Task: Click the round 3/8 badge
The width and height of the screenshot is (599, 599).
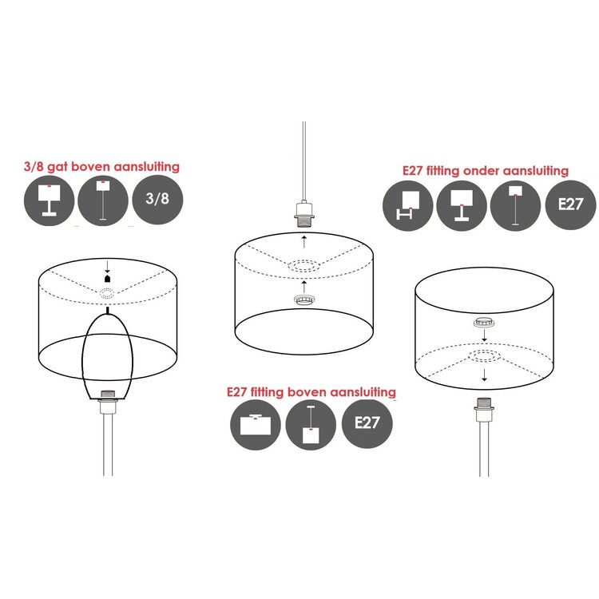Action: [157, 199]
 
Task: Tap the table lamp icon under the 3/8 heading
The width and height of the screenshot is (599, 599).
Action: [49, 200]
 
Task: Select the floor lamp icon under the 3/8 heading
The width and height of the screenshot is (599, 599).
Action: [103, 200]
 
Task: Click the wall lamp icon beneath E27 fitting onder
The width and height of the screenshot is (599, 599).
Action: [407, 205]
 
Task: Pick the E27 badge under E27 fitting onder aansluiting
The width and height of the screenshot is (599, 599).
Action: [570, 204]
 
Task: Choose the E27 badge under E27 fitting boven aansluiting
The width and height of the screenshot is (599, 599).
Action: [367, 423]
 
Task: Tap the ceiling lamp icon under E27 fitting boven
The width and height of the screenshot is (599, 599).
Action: [256, 425]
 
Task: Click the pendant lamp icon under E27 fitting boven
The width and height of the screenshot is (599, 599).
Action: [311, 425]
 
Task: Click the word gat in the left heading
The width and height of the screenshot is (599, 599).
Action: [58, 168]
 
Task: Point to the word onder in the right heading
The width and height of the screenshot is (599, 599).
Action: [481, 170]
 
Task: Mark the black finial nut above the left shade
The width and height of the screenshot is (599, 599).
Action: [107, 278]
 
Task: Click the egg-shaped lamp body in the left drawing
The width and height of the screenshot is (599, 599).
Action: [107, 355]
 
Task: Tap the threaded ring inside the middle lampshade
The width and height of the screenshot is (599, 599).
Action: [304, 299]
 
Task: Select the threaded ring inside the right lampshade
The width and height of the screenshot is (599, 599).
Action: [485, 322]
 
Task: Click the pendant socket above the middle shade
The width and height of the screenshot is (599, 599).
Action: [304, 214]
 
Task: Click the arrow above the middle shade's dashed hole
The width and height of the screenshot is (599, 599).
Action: [304, 241]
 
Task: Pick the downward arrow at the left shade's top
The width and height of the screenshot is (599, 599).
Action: [107, 266]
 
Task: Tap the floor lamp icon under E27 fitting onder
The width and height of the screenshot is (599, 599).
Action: [515, 205]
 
